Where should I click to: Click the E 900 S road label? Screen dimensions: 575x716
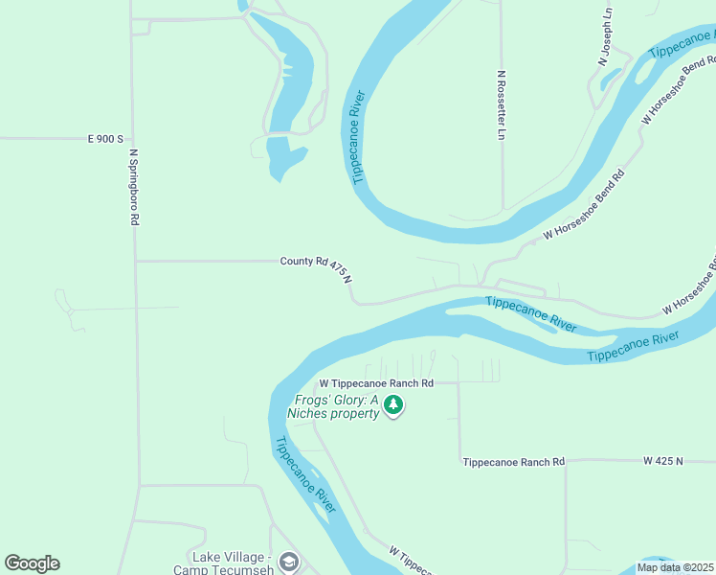point(106,139)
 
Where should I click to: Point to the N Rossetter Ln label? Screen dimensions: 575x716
point(501,104)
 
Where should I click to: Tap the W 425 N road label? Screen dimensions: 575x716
point(664,461)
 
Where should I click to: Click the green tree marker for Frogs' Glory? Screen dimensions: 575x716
point(392,405)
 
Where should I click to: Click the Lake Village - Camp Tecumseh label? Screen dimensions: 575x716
point(234,563)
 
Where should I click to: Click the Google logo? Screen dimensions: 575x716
point(32,563)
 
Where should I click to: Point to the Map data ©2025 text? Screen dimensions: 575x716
point(674,567)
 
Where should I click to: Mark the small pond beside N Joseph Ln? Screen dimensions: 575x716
point(611,79)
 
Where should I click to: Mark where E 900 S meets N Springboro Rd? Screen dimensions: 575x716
point(132,139)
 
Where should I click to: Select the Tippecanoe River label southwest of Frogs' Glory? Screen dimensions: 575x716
point(305,475)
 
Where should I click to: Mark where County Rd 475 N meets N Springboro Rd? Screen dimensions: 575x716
point(136,261)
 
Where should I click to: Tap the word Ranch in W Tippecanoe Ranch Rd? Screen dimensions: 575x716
point(402,383)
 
